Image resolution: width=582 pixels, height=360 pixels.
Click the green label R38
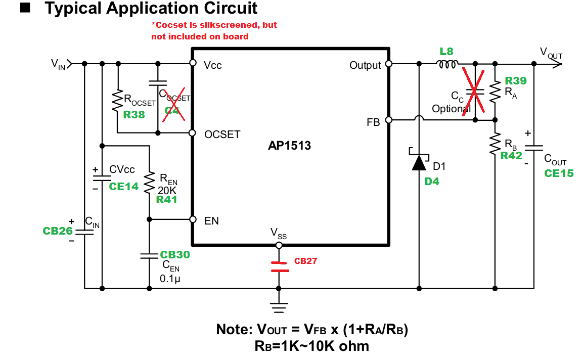pos(134,115)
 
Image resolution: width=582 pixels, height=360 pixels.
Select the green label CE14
pos(123,186)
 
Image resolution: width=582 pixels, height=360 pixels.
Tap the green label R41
pos(167,200)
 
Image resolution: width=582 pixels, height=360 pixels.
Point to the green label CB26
pos(58,231)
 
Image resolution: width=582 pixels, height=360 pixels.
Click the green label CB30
pos(174,255)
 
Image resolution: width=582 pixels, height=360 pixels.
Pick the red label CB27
pos(305,261)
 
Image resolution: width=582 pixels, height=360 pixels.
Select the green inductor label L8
pos(446,51)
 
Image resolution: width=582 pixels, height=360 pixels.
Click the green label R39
pos(516,81)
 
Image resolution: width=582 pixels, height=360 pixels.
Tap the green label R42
pos(511,156)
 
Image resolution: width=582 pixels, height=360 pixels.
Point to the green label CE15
pos(559,173)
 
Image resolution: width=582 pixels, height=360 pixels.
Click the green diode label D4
pos(432,182)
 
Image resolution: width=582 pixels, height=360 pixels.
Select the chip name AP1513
pos(289,146)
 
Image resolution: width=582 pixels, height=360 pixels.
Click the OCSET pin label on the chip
pos(222,134)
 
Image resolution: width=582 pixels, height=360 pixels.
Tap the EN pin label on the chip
pos(211,221)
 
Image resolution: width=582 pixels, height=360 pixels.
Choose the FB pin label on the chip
pos(374,122)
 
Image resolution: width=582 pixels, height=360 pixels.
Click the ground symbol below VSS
pos(278,306)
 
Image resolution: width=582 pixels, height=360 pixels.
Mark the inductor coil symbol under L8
pos(447,64)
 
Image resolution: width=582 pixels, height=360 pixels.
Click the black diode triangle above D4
pos(419,162)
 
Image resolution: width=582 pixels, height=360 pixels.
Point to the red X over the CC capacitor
pos(474,91)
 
